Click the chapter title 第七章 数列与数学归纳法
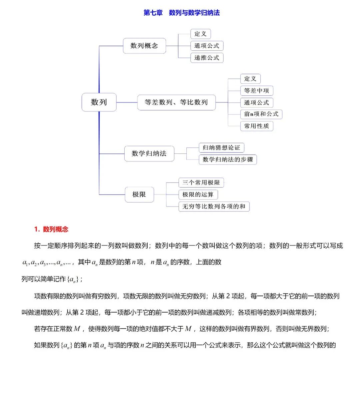coord(181,13)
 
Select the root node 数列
coord(99,102)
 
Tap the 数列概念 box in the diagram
coord(144,46)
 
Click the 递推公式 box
coord(207,58)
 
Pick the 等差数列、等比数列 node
coord(176,102)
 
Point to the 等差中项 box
coord(256,90)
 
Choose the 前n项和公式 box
coord(261,114)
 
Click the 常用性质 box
coord(256,126)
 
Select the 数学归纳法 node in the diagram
coord(149,153)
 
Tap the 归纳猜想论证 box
coord(221,147)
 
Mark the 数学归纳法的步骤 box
coord(228,159)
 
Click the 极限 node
coord(139,194)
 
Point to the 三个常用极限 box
coord(201,182)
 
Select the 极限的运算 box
coord(198,194)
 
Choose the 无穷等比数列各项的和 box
coord(214,207)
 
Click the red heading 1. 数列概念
coord(51,229)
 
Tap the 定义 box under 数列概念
coord(200,34)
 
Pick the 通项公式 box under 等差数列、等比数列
coord(256,102)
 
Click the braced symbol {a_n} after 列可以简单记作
coord(73,280)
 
